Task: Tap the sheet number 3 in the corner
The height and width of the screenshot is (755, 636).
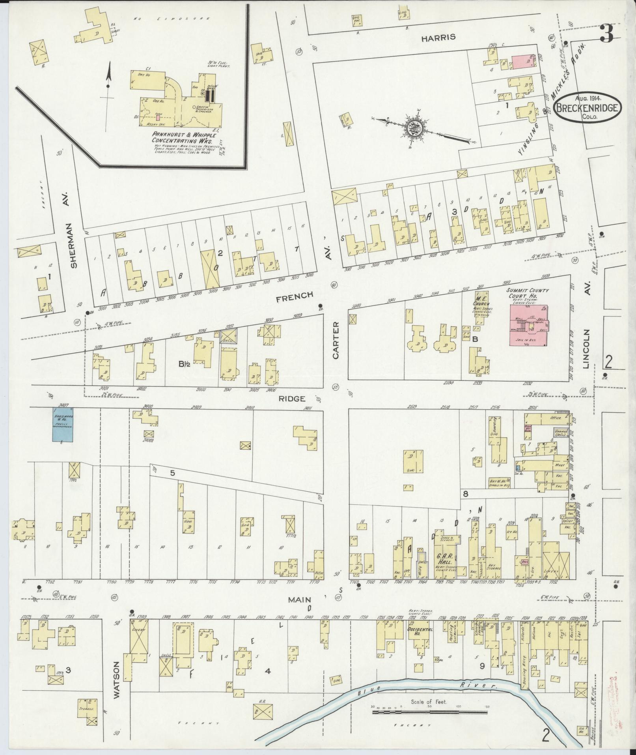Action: [606, 35]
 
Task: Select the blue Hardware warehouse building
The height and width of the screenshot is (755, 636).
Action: [63, 424]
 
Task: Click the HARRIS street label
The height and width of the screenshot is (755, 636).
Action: [438, 37]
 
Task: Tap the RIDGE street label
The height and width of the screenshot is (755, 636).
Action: [292, 399]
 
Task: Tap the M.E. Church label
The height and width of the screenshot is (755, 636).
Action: [482, 304]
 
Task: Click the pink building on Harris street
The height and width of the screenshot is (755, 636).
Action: [523, 62]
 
